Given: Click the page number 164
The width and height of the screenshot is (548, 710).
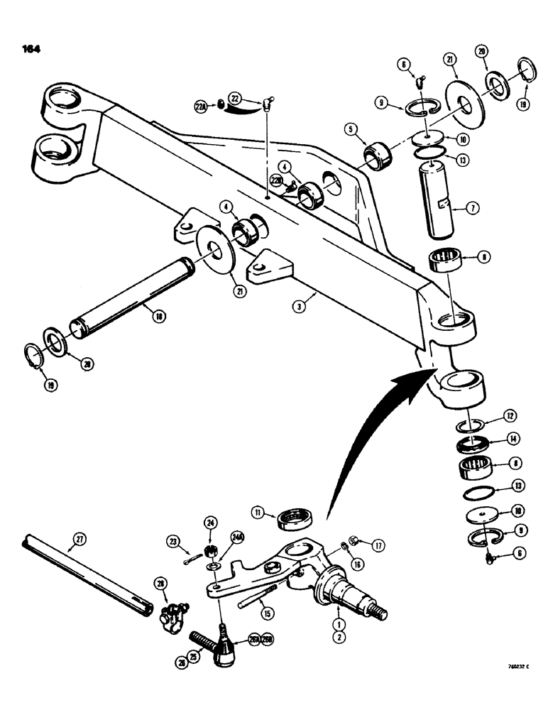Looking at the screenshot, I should point(32,49).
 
